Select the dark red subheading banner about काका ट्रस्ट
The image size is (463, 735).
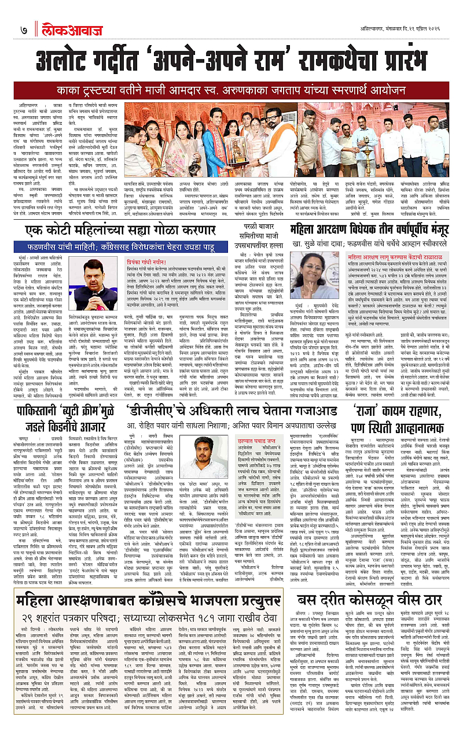click(231, 91)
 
